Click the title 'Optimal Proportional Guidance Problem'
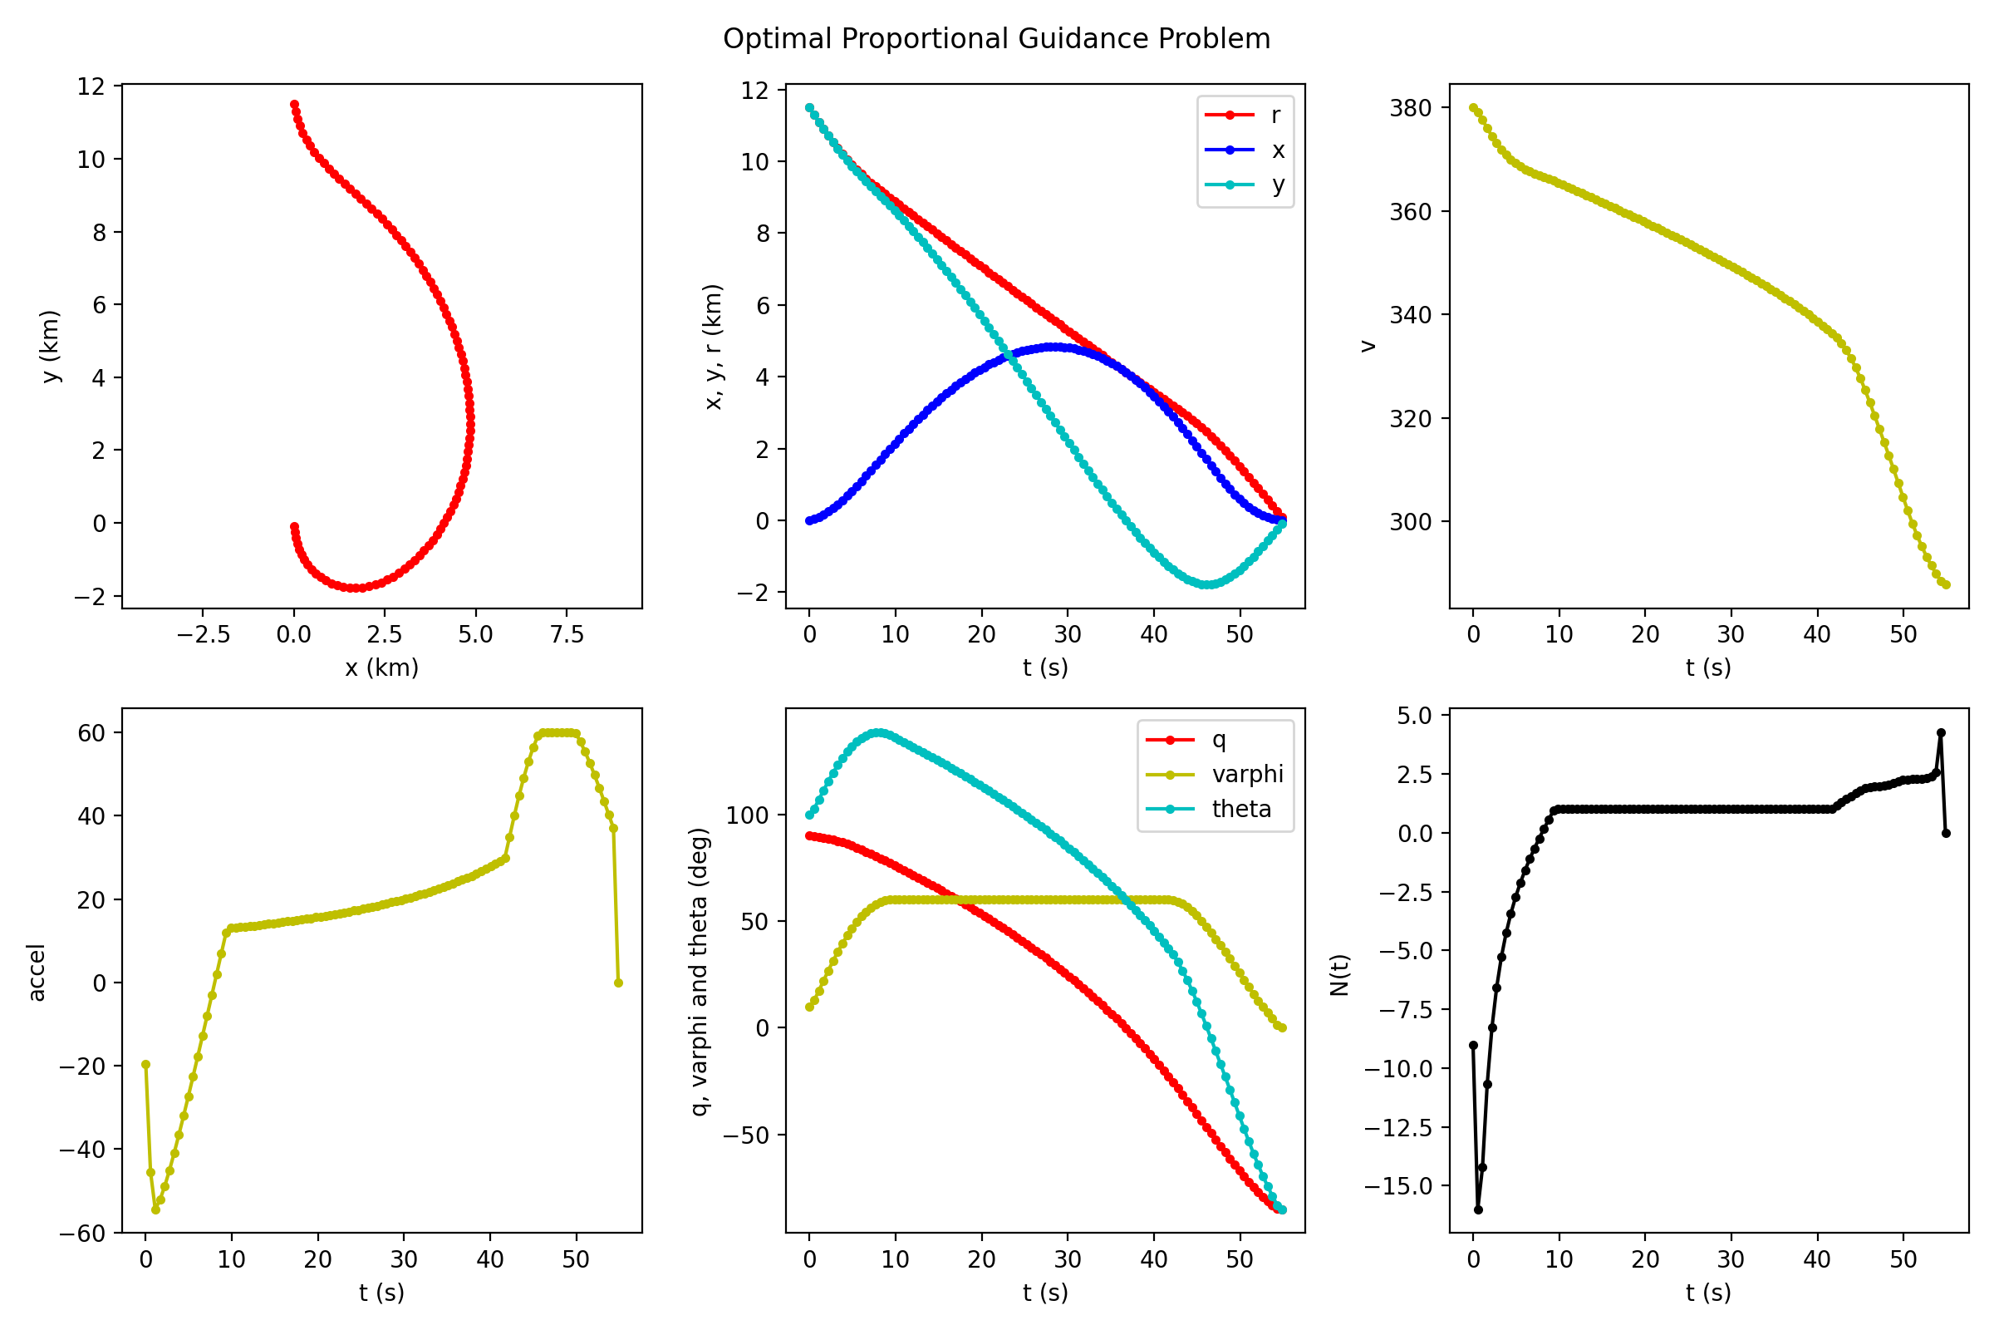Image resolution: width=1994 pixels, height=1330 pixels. [996, 39]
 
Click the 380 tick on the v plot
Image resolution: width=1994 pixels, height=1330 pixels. [1411, 108]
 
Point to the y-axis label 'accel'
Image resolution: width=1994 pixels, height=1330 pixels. [37, 972]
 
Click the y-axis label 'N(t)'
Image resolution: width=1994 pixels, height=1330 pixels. [1339, 973]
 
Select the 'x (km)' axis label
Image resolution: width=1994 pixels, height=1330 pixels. [381, 667]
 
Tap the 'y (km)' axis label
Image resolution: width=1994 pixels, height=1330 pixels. [51, 346]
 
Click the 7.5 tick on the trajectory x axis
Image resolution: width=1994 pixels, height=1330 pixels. [567, 634]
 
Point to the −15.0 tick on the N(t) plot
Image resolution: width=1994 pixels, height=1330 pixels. [1398, 1186]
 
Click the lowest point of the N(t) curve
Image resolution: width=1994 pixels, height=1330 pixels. [1479, 1209]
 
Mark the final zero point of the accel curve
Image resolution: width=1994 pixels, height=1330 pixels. [618, 983]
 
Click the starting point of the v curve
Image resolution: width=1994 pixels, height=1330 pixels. [1473, 108]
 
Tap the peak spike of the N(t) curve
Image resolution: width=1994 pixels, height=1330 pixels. [1941, 733]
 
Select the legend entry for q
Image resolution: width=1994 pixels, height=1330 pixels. [1219, 740]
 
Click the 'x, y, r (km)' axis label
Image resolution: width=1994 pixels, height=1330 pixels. [714, 346]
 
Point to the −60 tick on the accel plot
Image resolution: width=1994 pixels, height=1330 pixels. [83, 1234]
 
